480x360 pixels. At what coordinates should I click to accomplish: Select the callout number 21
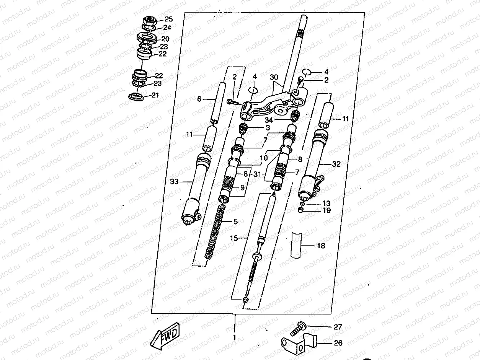[155, 95]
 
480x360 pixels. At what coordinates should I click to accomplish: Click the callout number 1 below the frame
[234, 338]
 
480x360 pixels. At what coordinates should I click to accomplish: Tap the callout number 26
[338, 343]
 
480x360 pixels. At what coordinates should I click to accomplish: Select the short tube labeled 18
[296, 245]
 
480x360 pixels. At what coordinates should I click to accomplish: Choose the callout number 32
[336, 164]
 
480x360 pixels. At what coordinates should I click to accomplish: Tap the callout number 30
[274, 77]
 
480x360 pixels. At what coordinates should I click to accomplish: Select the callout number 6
[199, 99]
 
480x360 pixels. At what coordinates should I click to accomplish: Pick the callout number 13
[326, 203]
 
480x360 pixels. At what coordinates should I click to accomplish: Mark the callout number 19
[326, 210]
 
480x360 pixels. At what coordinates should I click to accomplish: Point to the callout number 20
[165, 39]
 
